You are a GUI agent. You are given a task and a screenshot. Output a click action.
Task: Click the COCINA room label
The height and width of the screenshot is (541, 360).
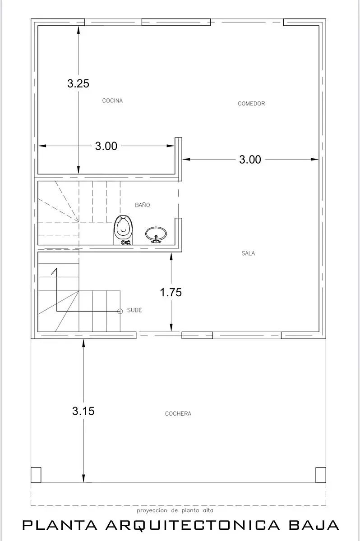click(x=112, y=101)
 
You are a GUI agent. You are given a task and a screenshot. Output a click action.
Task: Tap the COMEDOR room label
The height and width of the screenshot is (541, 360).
click(x=251, y=104)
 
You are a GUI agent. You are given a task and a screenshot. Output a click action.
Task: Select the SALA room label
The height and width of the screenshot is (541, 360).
click(x=248, y=253)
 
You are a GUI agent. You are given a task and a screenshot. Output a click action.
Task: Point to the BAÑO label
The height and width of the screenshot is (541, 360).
click(x=142, y=205)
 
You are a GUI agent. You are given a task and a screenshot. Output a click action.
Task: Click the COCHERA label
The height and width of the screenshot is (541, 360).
click(x=178, y=413)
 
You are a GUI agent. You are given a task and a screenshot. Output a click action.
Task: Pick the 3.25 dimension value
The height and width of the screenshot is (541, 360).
click(x=78, y=83)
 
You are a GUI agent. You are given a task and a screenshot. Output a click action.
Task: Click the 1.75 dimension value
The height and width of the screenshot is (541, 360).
click(x=171, y=292)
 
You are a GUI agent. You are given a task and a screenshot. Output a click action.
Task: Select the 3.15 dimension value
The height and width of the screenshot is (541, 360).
click(x=83, y=411)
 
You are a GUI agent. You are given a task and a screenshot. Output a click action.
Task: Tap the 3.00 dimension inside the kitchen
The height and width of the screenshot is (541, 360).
click(x=106, y=146)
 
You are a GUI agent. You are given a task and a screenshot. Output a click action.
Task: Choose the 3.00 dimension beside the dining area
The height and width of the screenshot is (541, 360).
click(x=250, y=160)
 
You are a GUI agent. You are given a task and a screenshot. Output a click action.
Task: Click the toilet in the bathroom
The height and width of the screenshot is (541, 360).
click(x=123, y=230)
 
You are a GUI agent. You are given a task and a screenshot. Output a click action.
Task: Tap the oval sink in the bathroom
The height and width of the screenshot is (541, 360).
click(x=156, y=234)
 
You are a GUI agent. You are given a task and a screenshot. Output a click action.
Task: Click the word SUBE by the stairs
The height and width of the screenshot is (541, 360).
click(x=134, y=310)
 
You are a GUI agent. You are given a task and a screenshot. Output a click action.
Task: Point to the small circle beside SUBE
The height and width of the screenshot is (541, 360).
click(x=120, y=312)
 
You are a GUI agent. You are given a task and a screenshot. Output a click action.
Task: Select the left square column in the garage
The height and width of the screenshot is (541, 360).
click(x=36, y=475)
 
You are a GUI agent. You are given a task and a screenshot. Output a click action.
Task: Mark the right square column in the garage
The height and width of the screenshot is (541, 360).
click(x=321, y=475)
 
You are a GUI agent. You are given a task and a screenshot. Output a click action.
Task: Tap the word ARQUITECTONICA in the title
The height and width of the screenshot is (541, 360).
click(x=193, y=525)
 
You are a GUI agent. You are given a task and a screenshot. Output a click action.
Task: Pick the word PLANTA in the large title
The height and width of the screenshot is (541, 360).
click(x=60, y=525)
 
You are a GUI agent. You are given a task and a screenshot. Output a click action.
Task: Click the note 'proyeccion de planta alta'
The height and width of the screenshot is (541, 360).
click(x=175, y=510)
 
